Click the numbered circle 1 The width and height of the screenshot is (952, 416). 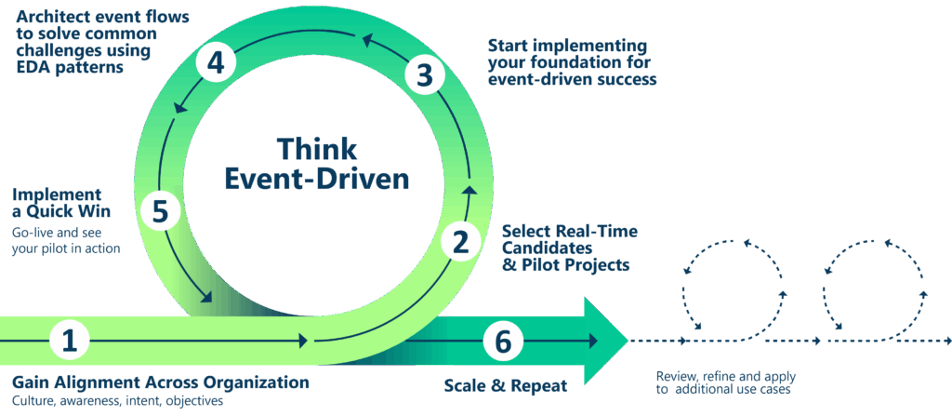click(68, 341)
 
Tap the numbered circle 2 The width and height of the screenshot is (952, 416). click(460, 243)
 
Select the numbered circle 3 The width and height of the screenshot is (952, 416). click(424, 75)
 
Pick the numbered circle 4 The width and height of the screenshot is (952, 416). click(216, 63)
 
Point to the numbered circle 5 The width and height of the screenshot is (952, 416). click(160, 211)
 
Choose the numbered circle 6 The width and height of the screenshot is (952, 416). click(503, 342)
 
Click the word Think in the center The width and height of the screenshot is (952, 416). click(316, 149)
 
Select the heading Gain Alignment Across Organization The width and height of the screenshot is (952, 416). click(160, 382)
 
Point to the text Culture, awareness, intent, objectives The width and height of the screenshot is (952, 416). click(117, 402)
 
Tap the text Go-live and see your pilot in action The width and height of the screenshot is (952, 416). click(66, 240)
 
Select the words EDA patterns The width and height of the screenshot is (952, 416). click(70, 68)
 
